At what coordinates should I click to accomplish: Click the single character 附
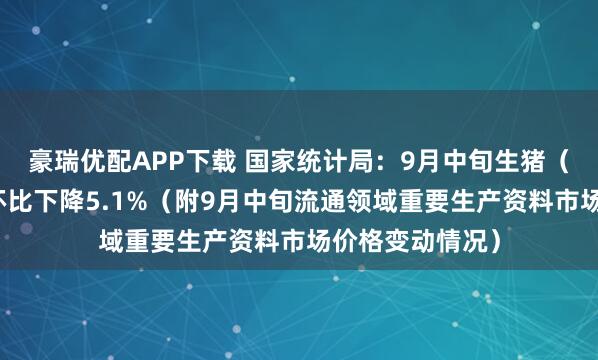coord(207,201)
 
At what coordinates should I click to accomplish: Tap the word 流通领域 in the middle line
coord(353,201)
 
